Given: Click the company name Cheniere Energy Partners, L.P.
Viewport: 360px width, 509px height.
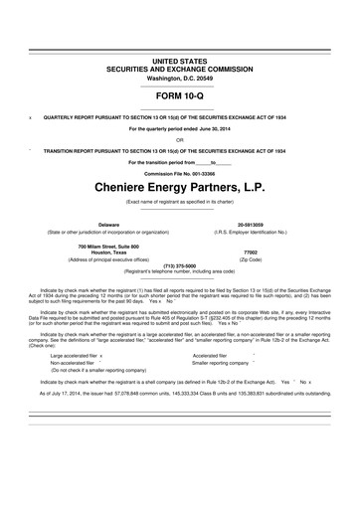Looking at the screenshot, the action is pos(179,186).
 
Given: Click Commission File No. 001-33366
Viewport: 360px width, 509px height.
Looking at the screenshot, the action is pos(179,171).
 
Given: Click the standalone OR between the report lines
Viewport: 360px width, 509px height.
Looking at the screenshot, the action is pos(179,139).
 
